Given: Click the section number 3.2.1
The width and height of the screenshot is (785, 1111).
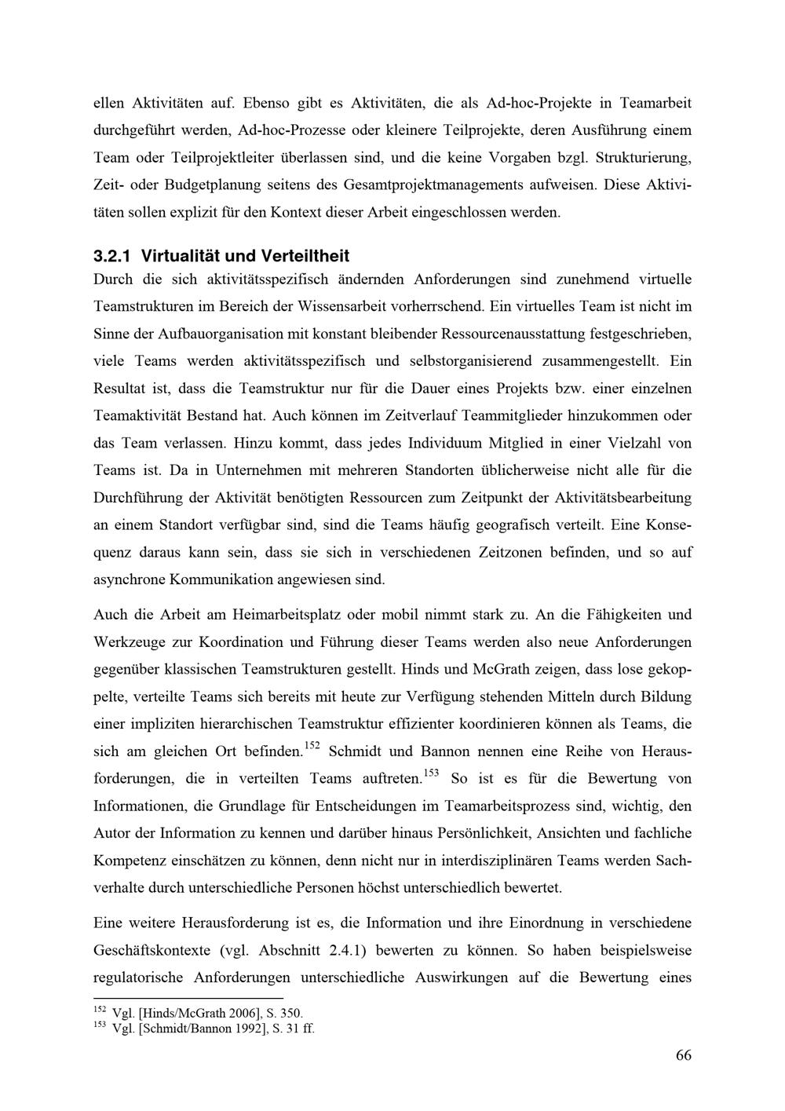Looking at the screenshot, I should [111, 256].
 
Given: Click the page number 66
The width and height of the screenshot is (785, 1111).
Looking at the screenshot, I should [683, 1055].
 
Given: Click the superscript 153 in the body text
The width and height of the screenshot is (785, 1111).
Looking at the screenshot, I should [431, 773].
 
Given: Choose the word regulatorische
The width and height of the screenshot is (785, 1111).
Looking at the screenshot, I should [138, 978].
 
